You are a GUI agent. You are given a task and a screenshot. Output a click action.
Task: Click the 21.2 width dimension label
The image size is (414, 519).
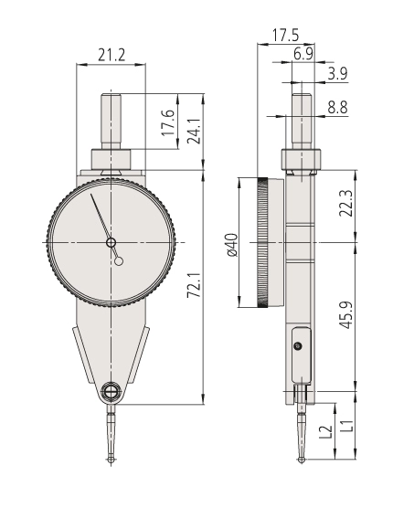[111, 55]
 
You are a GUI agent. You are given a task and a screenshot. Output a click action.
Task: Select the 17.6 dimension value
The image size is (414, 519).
[168, 122]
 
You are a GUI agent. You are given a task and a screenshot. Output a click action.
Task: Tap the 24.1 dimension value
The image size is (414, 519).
[194, 131]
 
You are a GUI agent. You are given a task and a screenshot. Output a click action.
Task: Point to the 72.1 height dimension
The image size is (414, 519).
[194, 285]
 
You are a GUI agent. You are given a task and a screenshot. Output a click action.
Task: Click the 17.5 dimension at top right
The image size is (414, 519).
[285, 35]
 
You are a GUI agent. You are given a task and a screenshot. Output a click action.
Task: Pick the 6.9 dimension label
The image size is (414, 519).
[303, 54]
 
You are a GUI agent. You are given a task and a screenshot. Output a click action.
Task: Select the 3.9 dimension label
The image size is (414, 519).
[337, 73]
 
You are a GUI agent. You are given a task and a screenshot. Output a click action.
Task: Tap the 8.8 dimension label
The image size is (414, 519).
[337, 107]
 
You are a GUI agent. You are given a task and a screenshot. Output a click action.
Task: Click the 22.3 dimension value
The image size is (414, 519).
[346, 203]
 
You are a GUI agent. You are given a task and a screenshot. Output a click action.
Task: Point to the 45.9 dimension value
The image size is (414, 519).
[346, 315]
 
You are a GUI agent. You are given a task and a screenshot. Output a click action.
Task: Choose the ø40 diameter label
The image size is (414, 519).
[233, 245]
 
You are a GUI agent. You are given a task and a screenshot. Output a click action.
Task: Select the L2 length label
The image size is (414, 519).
[326, 432]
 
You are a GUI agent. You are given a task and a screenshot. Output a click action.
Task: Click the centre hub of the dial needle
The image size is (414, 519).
[111, 243]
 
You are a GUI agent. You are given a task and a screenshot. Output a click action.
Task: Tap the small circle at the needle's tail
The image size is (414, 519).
[119, 261]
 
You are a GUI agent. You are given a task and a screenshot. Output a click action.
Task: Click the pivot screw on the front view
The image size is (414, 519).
[111, 392]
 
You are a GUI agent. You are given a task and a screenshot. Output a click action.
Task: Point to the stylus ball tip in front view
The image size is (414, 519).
[111, 460]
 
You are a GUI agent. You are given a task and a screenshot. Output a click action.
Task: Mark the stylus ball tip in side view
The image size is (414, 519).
[302, 460]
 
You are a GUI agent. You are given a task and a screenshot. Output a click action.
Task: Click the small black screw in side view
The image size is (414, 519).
[298, 346]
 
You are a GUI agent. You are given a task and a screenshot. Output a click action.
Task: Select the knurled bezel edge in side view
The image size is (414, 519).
[263, 243]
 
